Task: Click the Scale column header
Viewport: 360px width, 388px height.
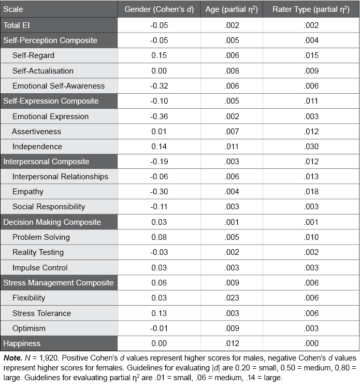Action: click(x=13, y=9)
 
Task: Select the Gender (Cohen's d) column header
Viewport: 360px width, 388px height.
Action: click(x=159, y=9)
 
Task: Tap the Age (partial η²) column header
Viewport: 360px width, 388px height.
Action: click(x=231, y=9)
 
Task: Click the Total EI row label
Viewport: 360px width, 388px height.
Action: click(x=17, y=25)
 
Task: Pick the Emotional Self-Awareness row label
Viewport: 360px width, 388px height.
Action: click(x=59, y=86)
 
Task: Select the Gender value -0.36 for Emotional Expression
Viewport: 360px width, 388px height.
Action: click(x=159, y=117)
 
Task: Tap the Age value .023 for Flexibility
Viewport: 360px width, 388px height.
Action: click(x=231, y=298)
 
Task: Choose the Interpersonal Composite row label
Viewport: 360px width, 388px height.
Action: click(x=47, y=162)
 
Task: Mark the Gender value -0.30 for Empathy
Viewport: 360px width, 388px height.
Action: click(x=159, y=192)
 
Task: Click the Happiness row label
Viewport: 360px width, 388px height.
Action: click(x=22, y=343)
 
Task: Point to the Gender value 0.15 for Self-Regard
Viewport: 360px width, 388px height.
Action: click(x=159, y=55)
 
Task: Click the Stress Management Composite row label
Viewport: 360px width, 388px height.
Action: click(x=59, y=283)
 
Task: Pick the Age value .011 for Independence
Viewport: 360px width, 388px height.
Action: click(x=231, y=147)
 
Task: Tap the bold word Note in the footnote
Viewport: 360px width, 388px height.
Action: click(x=11, y=358)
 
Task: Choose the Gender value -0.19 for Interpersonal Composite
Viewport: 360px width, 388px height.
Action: click(x=159, y=162)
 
